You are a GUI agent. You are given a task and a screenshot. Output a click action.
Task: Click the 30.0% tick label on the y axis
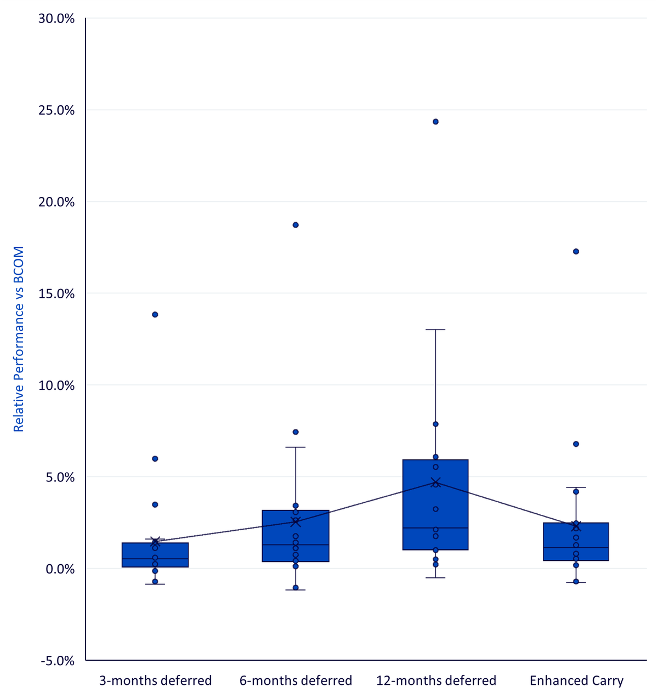(x=56, y=18)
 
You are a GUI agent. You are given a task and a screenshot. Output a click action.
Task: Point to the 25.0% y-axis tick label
(x=56, y=110)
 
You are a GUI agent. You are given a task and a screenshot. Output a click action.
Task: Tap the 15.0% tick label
(x=56, y=293)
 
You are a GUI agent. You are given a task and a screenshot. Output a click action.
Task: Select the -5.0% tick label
(x=58, y=661)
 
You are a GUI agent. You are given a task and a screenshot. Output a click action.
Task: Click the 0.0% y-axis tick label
(x=60, y=569)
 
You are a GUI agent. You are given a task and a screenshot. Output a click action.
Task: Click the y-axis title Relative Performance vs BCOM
(x=18, y=339)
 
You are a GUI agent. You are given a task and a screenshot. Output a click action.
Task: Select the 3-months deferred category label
(x=155, y=681)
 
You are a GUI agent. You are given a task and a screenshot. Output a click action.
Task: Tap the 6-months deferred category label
(x=296, y=681)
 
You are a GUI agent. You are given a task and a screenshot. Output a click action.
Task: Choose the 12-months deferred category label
(x=436, y=681)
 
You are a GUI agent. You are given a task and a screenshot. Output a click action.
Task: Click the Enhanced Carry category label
(x=576, y=681)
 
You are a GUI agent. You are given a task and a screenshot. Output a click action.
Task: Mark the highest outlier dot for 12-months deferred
(x=435, y=122)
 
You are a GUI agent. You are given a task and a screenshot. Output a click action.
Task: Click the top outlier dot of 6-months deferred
(x=296, y=225)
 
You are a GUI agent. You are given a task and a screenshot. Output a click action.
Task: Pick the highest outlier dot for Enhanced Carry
(x=576, y=251)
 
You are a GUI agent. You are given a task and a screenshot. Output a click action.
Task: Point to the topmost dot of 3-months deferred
(x=155, y=315)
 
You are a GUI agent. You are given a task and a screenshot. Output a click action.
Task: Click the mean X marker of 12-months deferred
(x=435, y=482)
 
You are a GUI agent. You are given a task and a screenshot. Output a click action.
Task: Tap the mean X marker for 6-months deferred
(x=296, y=522)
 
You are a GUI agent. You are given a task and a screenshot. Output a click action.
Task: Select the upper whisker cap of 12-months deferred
(x=435, y=330)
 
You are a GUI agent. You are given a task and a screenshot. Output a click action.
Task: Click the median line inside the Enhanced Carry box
(x=576, y=548)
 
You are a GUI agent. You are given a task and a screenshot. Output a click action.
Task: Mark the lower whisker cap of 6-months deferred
(x=296, y=590)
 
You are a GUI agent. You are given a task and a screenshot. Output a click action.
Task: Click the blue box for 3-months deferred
(x=155, y=555)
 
